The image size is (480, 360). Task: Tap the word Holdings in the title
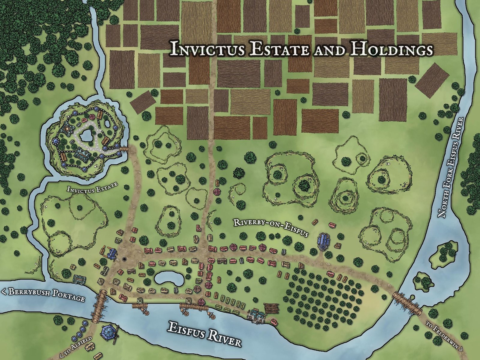pos(391,49)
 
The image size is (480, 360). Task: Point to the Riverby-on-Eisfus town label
pos(271,227)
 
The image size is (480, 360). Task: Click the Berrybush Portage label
pos(43,295)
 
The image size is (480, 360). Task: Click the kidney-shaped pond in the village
pos(169,279)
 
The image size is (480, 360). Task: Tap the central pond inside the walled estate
pos(87,137)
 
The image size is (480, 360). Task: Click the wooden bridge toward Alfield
pos(100,306)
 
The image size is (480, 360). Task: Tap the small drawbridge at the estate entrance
pos(124,148)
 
